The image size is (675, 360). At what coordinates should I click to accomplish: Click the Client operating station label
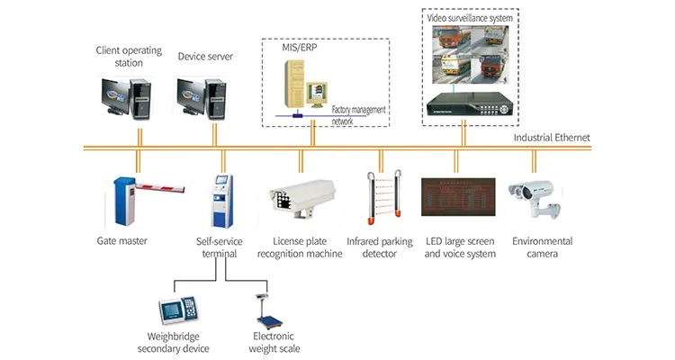coord(128,56)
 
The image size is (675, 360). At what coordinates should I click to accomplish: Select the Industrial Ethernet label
coord(552,137)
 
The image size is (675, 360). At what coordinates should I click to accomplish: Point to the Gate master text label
coord(121,241)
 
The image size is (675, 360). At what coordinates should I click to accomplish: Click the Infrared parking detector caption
coord(380,247)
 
